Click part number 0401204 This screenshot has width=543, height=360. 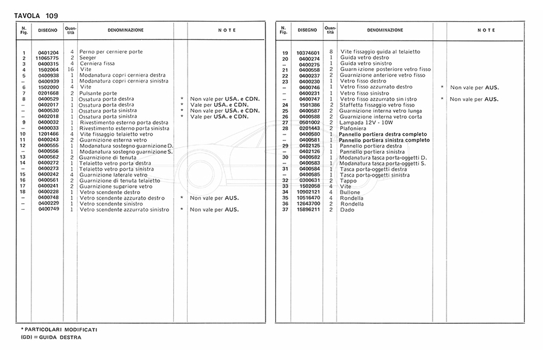(48, 52)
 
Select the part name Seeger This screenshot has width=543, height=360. (88, 58)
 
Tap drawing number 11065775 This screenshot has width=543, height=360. (48, 58)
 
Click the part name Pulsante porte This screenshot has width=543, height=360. (98, 93)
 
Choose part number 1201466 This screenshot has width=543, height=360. (48, 134)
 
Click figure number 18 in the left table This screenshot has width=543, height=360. (22, 192)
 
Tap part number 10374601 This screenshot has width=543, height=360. (308, 52)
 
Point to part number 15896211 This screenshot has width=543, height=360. (308, 209)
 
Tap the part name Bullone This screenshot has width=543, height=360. (349, 192)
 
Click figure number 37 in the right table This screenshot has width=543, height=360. (285, 209)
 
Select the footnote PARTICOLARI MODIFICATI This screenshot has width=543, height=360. (60, 330)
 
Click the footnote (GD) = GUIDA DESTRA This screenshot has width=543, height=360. (51, 338)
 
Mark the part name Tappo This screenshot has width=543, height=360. (348, 180)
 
